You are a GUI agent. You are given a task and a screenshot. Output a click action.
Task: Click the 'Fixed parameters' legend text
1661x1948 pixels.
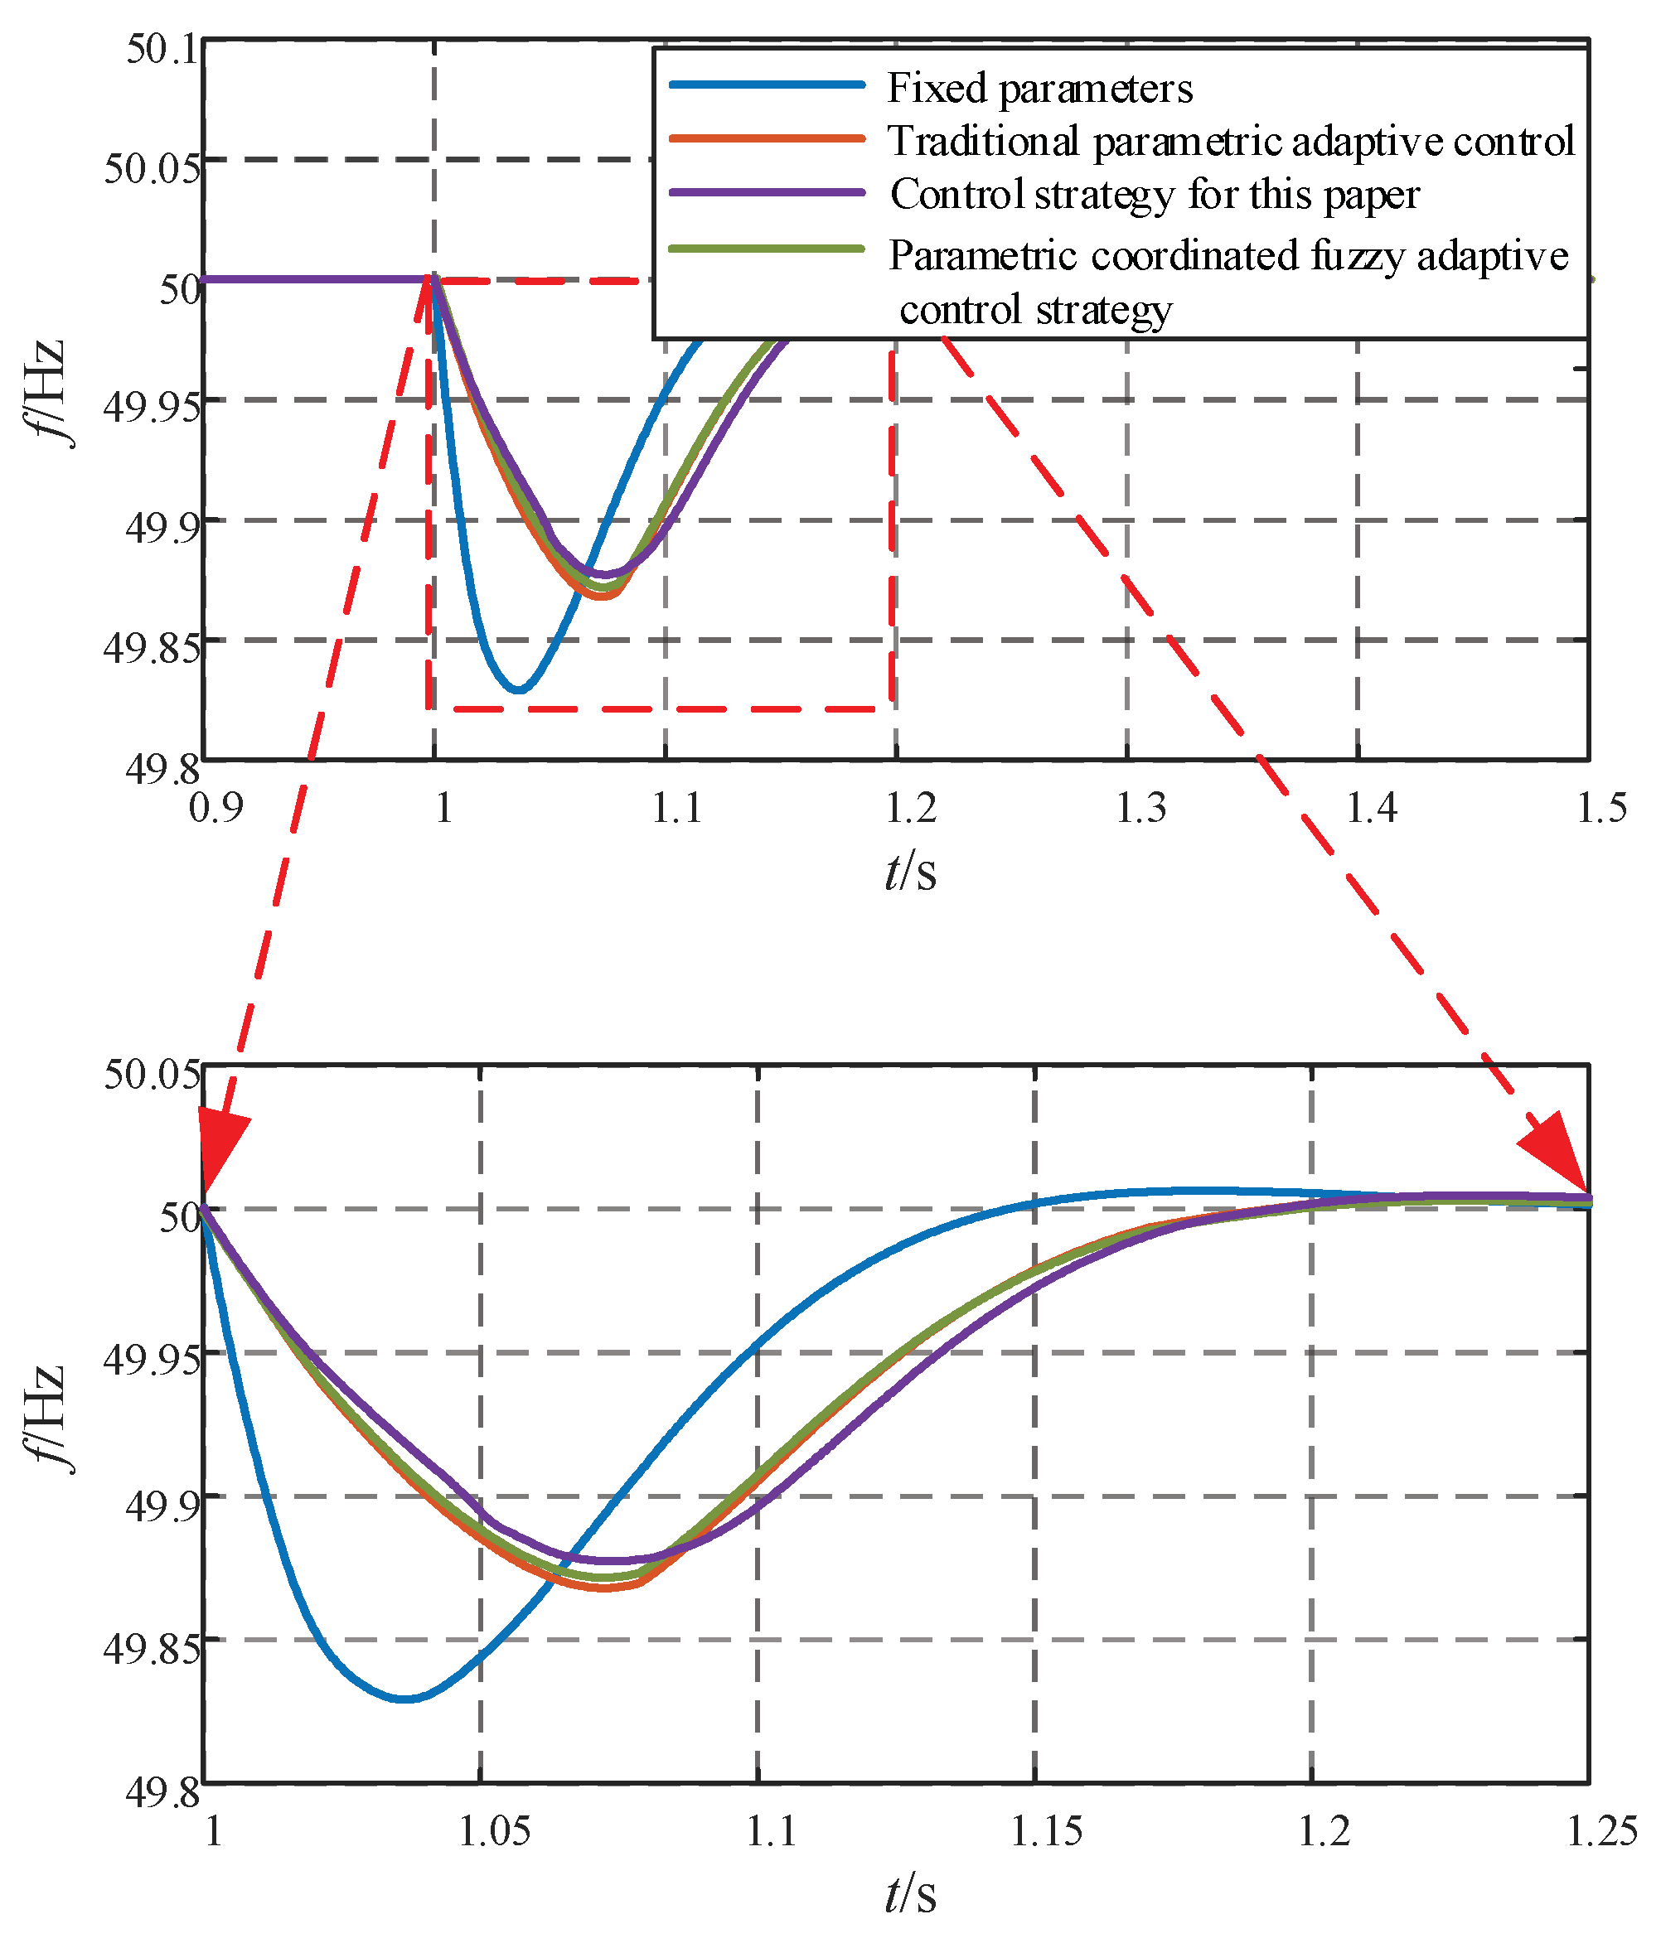click(x=1039, y=89)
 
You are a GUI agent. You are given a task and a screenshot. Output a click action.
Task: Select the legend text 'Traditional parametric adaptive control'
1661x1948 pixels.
click(x=1230, y=141)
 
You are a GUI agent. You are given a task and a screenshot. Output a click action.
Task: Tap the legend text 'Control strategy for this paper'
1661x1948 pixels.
click(x=1154, y=195)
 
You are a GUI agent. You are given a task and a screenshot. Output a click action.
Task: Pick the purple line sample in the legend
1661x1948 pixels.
click(x=767, y=193)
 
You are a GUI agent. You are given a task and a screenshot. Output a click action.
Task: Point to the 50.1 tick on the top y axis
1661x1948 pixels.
click(x=162, y=49)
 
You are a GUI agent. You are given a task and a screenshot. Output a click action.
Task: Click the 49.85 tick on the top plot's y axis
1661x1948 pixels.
click(x=152, y=649)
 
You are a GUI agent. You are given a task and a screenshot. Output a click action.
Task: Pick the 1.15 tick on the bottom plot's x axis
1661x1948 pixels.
click(x=1046, y=1831)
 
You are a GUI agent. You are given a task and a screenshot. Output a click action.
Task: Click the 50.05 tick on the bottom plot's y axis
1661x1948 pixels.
click(x=152, y=1074)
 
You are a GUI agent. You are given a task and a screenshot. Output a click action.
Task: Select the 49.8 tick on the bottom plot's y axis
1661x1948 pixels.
click(x=162, y=1794)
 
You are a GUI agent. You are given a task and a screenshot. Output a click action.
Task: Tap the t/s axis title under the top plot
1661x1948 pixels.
click(x=910, y=872)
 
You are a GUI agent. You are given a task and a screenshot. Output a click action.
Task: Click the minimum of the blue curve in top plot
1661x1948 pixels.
click(x=518, y=690)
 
